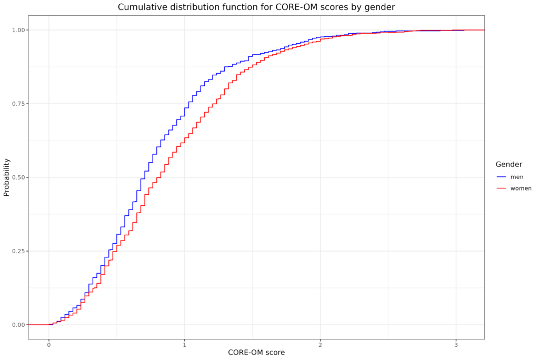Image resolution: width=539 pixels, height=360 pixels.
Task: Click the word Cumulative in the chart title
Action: (142, 7)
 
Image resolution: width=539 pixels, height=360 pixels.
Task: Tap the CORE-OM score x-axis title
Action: (256, 352)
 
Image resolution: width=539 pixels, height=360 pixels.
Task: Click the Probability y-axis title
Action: (7, 177)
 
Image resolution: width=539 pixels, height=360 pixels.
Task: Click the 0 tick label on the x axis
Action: (49, 345)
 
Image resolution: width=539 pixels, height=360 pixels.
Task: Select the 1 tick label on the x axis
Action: (184, 345)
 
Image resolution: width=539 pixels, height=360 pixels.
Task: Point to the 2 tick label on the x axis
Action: (320, 345)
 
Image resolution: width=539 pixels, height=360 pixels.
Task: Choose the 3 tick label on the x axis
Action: (456, 345)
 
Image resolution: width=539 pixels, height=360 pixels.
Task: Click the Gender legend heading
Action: (508, 165)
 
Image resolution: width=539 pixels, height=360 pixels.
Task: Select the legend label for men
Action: (516, 177)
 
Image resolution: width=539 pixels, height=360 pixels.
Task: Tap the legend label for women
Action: (521, 188)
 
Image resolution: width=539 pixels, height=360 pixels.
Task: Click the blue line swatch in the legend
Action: (501, 177)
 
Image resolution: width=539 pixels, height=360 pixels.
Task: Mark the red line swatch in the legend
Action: (501, 188)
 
